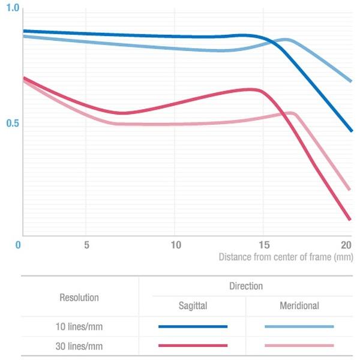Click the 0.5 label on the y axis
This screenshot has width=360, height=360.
pyautogui.click(x=12, y=124)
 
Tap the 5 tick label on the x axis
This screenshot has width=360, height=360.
pyautogui.click(x=87, y=245)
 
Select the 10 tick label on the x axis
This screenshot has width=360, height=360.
pyautogui.click(x=175, y=245)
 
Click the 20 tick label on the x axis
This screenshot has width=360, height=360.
pyautogui.click(x=346, y=245)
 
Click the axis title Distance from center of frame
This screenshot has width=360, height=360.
pyautogui.click(x=286, y=257)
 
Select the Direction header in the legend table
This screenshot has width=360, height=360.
pyautogui.click(x=246, y=286)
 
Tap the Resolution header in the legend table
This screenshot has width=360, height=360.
pyautogui.click(x=79, y=297)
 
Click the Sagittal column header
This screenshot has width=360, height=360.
pyautogui.click(x=193, y=306)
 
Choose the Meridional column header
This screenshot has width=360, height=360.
pyautogui.click(x=299, y=306)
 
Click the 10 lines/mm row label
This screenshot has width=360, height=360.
pyautogui.click(x=79, y=326)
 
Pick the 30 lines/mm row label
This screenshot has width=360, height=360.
pyautogui.click(x=79, y=346)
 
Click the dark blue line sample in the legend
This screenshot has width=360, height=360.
pyautogui.click(x=193, y=326)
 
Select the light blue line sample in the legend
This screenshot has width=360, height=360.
pyautogui.click(x=299, y=326)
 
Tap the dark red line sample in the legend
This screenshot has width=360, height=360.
pyautogui.click(x=193, y=346)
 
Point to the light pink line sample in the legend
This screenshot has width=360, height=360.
pyautogui.click(x=299, y=346)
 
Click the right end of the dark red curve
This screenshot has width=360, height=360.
pyautogui.click(x=350, y=219)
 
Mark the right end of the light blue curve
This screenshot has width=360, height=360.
pyautogui.click(x=350, y=80)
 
